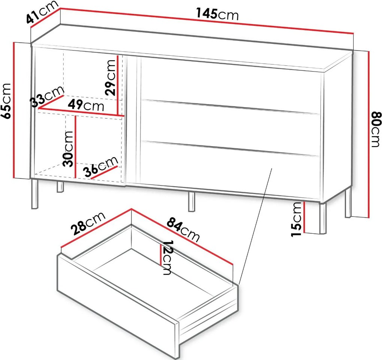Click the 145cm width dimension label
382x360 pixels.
click(217, 14)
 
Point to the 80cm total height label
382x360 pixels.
click(375, 129)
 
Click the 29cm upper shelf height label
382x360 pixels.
click(110, 77)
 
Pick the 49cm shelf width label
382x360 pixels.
click(86, 105)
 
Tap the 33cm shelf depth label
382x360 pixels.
click(47, 97)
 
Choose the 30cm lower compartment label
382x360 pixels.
click(68, 149)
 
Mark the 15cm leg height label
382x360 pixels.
click(297, 219)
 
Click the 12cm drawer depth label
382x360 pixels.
click(168, 258)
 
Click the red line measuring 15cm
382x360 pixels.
click(304, 217)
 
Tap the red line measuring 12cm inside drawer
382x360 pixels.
click(161, 255)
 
